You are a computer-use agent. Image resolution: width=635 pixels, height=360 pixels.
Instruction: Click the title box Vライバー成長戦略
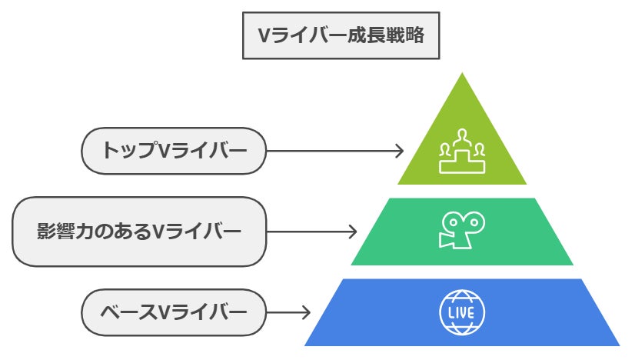341,35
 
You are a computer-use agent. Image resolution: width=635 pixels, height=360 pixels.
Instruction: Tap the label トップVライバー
173,150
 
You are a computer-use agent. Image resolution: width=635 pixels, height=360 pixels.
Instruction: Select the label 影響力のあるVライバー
139,231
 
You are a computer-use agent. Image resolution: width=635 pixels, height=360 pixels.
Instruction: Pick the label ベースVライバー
173,312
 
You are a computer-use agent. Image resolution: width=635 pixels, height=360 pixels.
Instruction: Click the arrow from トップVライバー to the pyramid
334,150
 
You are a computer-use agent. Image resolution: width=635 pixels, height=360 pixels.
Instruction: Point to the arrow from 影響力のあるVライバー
311,231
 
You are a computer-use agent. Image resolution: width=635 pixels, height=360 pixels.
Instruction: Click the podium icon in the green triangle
462,152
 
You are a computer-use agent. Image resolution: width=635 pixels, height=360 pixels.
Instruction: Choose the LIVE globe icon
462,312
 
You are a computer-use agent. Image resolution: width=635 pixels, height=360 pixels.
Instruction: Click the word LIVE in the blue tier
462,313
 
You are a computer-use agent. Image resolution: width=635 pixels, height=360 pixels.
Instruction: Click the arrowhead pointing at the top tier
399,150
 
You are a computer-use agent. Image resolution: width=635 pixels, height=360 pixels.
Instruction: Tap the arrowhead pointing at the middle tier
353,231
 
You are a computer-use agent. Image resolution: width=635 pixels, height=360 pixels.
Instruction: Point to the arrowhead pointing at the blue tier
306,312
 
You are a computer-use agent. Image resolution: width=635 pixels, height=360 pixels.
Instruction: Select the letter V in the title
263,35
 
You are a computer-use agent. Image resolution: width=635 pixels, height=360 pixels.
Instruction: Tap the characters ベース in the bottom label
128,312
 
